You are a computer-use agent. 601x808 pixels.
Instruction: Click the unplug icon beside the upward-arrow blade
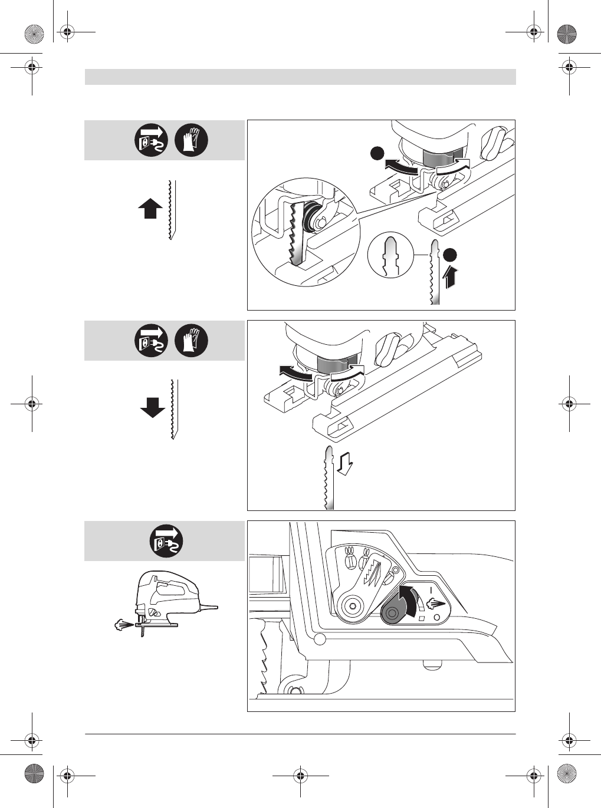pos(152,140)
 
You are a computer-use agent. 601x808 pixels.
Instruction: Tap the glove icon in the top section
pos(192,140)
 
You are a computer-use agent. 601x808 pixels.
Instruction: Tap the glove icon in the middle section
pos(192,341)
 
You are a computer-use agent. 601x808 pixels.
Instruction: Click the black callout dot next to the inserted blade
pos(451,254)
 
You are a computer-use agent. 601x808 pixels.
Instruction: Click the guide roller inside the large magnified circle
pos(309,219)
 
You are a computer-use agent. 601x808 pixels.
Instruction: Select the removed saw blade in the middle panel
pos(328,478)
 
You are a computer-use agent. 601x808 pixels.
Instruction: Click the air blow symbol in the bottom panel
pos(434,603)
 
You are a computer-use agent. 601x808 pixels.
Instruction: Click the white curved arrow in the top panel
pos(452,169)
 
